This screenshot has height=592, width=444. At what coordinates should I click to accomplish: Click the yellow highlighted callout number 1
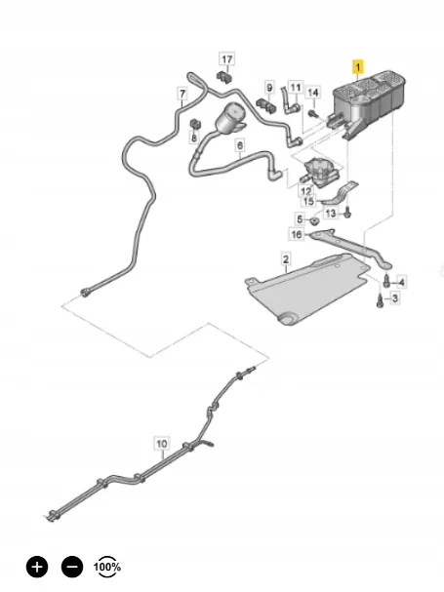coord(357,67)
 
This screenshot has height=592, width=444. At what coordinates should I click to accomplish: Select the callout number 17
coord(226,59)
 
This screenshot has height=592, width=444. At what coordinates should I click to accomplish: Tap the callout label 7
coord(182,94)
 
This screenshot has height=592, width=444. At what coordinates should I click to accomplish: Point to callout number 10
coord(161,444)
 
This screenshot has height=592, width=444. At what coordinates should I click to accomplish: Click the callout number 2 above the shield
coord(286,259)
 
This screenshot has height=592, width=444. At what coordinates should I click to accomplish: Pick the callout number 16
coord(297,234)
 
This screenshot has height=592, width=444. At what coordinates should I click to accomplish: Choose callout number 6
coord(240,145)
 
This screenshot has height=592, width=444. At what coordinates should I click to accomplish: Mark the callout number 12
coord(306,191)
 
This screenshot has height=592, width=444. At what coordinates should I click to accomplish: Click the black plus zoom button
coord(37,567)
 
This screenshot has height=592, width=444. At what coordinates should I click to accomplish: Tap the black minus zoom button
coord(72,567)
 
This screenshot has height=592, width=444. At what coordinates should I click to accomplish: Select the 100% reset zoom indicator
coord(107,567)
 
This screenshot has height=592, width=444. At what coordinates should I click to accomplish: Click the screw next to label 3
coord(380,301)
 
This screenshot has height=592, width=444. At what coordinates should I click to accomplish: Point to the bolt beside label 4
coord(386,280)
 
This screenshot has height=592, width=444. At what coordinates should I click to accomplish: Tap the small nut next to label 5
coord(314,220)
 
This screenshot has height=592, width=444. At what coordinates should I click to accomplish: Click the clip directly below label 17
coord(224,77)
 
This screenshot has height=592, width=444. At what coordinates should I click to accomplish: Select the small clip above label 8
coord(194,124)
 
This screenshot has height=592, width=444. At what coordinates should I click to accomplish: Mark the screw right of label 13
coord(347,213)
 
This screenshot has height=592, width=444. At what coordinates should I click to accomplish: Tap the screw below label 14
coord(311,113)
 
